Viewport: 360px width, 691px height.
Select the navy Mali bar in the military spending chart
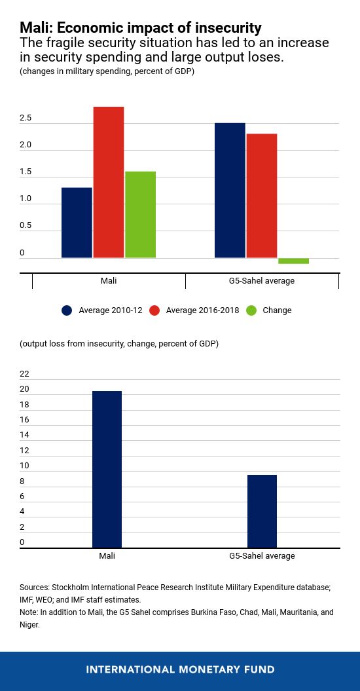point(77,223)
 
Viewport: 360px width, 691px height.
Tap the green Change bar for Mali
point(140,215)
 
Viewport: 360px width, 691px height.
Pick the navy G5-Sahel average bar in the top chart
point(230,190)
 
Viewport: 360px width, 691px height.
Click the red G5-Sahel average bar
point(262,195)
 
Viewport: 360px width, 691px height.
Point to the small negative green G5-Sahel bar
point(293,261)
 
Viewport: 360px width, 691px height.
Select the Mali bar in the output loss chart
point(107,469)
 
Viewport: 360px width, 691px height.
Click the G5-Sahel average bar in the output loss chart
point(262,511)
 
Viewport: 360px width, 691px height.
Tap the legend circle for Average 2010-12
point(67,310)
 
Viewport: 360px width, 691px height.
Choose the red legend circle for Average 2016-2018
point(155,310)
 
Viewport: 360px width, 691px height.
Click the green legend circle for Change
point(251,310)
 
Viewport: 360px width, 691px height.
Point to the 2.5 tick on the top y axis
point(26,119)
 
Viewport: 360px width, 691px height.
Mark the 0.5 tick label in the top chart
point(26,226)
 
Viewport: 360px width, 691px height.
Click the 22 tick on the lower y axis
point(25,374)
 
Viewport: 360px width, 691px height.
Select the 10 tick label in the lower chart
point(25,466)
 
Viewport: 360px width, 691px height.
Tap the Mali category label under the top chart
point(109,281)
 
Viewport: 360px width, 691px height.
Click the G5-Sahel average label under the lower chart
point(262,556)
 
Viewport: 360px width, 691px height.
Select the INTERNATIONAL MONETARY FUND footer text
point(180,669)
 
